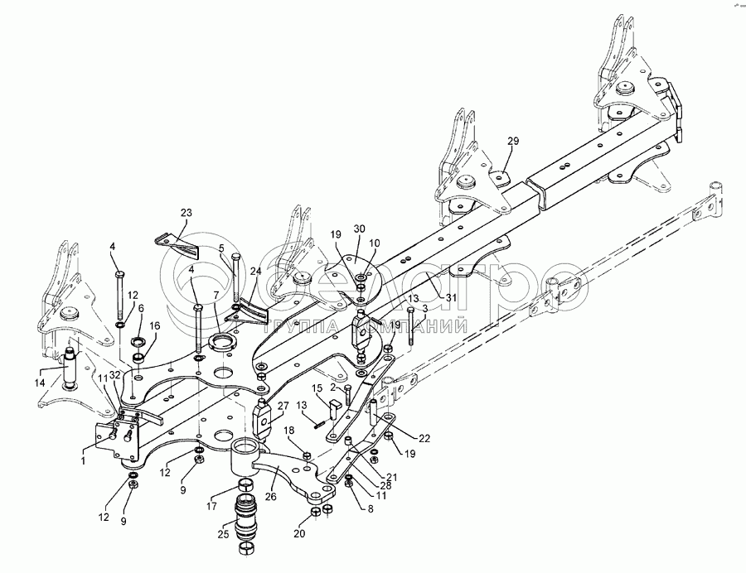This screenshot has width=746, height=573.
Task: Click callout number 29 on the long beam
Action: [512, 142]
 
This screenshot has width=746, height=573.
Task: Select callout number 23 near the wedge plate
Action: [185, 213]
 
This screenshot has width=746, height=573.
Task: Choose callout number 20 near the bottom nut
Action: [299, 534]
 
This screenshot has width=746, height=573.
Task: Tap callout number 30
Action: [359, 229]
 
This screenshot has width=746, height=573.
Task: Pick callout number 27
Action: [283, 406]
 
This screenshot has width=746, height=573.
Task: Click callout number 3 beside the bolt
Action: [424, 309]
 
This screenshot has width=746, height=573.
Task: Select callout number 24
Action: [256, 271]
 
